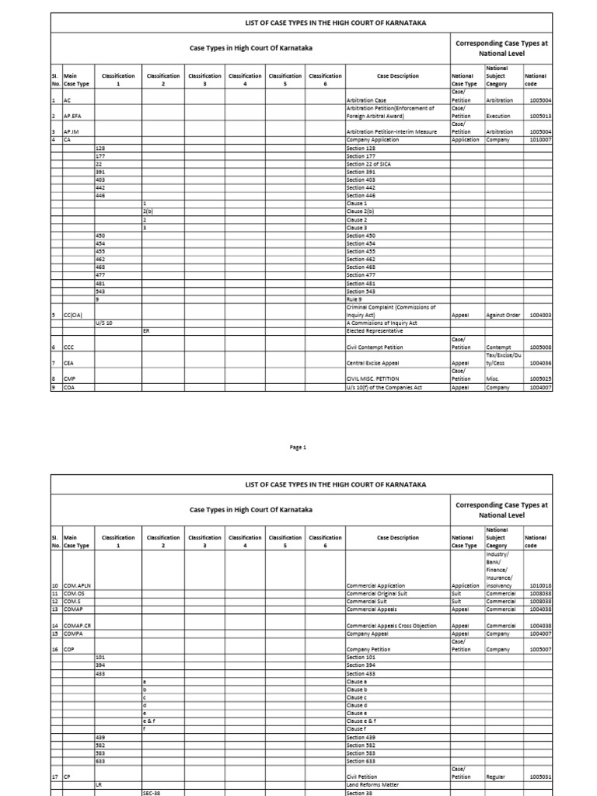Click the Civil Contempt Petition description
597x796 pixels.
(x=375, y=347)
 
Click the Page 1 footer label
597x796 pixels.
(x=299, y=448)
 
